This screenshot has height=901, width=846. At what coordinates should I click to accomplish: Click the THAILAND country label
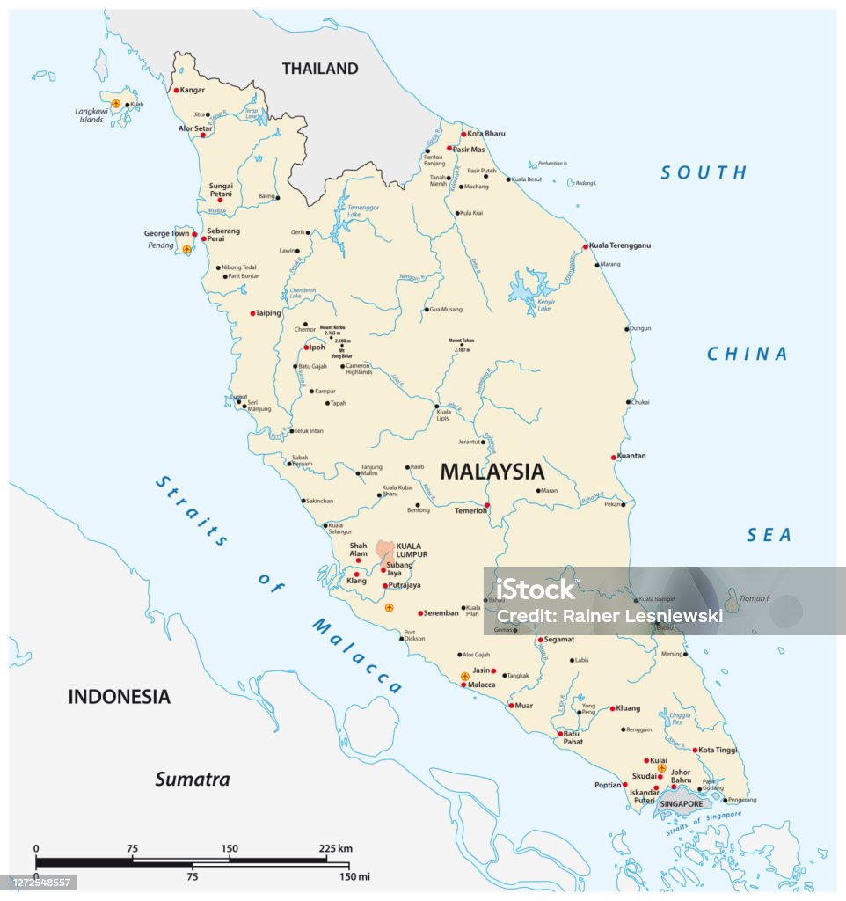pyautogui.click(x=319, y=69)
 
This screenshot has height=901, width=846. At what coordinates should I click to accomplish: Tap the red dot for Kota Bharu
pyautogui.click(x=463, y=134)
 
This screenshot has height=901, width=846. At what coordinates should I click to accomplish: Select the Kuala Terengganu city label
pyautogui.click(x=620, y=245)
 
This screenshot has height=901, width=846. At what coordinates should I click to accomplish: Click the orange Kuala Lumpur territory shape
pyautogui.click(x=385, y=552)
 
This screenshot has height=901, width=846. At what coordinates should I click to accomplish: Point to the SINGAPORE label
pyautogui.click(x=682, y=804)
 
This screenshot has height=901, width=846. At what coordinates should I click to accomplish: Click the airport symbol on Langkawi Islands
pyautogui.click(x=116, y=104)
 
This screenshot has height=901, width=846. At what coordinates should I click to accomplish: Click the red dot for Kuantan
pyautogui.click(x=614, y=457)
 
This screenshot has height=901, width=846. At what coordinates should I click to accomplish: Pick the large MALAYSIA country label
pyautogui.click(x=492, y=471)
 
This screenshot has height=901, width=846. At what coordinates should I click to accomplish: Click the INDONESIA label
pyautogui.click(x=119, y=697)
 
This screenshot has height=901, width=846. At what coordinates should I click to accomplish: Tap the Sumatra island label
pyautogui.click(x=193, y=779)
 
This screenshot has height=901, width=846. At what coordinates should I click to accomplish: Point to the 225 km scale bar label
pyautogui.click(x=335, y=848)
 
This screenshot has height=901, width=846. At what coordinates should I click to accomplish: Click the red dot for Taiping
pyautogui.click(x=252, y=313)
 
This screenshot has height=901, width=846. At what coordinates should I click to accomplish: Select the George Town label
pyautogui.click(x=167, y=234)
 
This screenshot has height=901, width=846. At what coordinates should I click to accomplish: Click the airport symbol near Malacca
pyautogui.click(x=465, y=677)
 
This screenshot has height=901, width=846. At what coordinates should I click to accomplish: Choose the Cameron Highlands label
pyautogui.click(x=358, y=369)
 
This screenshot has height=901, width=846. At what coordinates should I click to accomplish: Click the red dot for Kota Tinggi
pyautogui.click(x=695, y=751)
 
